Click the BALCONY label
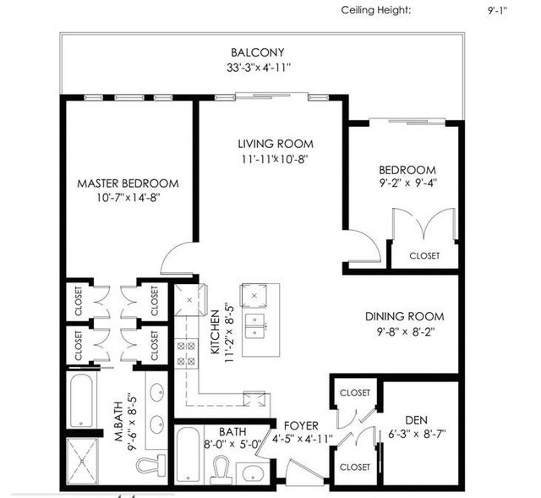(x=257, y=52)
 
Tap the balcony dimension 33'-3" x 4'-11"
(x=259, y=68)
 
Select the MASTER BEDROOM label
(x=128, y=183)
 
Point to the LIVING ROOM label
(x=276, y=144)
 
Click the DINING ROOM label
(x=405, y=316)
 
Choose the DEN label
(x=417, y=420)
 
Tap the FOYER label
(x=301, y=425)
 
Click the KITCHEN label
(x=215, y=332)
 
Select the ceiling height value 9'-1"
(x=497, y=10)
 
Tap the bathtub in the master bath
(x=81, y=400)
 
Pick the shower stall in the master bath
(x=82, y=461)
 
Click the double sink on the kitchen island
(x=255, y=326)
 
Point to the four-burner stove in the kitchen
(x=186, y=353)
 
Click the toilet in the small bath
(x=221, y=468)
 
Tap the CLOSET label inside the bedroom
(x=424, y=255)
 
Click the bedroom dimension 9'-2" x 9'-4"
(x=408, y=183)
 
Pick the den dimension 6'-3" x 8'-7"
(x=417, y=434)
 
